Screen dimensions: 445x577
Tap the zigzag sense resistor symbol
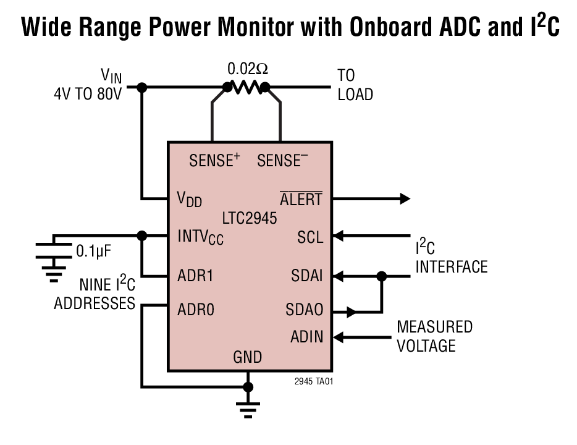click(x=246, y=88)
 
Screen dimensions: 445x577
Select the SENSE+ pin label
click(x=214, y=161)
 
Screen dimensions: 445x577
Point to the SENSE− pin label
click(x=282, y=161)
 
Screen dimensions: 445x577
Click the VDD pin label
click(x=189, y=199)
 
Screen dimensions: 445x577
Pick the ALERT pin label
click(x=301, y=199)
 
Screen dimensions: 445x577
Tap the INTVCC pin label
click(x=200, y=237)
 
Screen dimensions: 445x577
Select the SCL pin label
click(x=310, y=237)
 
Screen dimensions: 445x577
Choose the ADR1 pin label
click(x=195, y=276)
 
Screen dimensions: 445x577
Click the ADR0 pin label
click(x=195, y=308)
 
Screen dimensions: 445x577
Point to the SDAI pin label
click(x=307, y=276)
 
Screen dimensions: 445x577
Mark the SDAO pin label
click(x=305, y=308)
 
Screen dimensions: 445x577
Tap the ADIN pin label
click(x=307, y=337)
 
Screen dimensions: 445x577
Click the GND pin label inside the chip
click(x=247, y=357)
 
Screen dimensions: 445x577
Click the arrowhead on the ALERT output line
click(x=405, y=198)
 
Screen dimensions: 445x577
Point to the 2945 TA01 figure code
click(x=314, y=381)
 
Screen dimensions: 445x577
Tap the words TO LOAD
click(x=355, y=85)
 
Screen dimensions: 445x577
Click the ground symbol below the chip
click(x=248, y=409)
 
